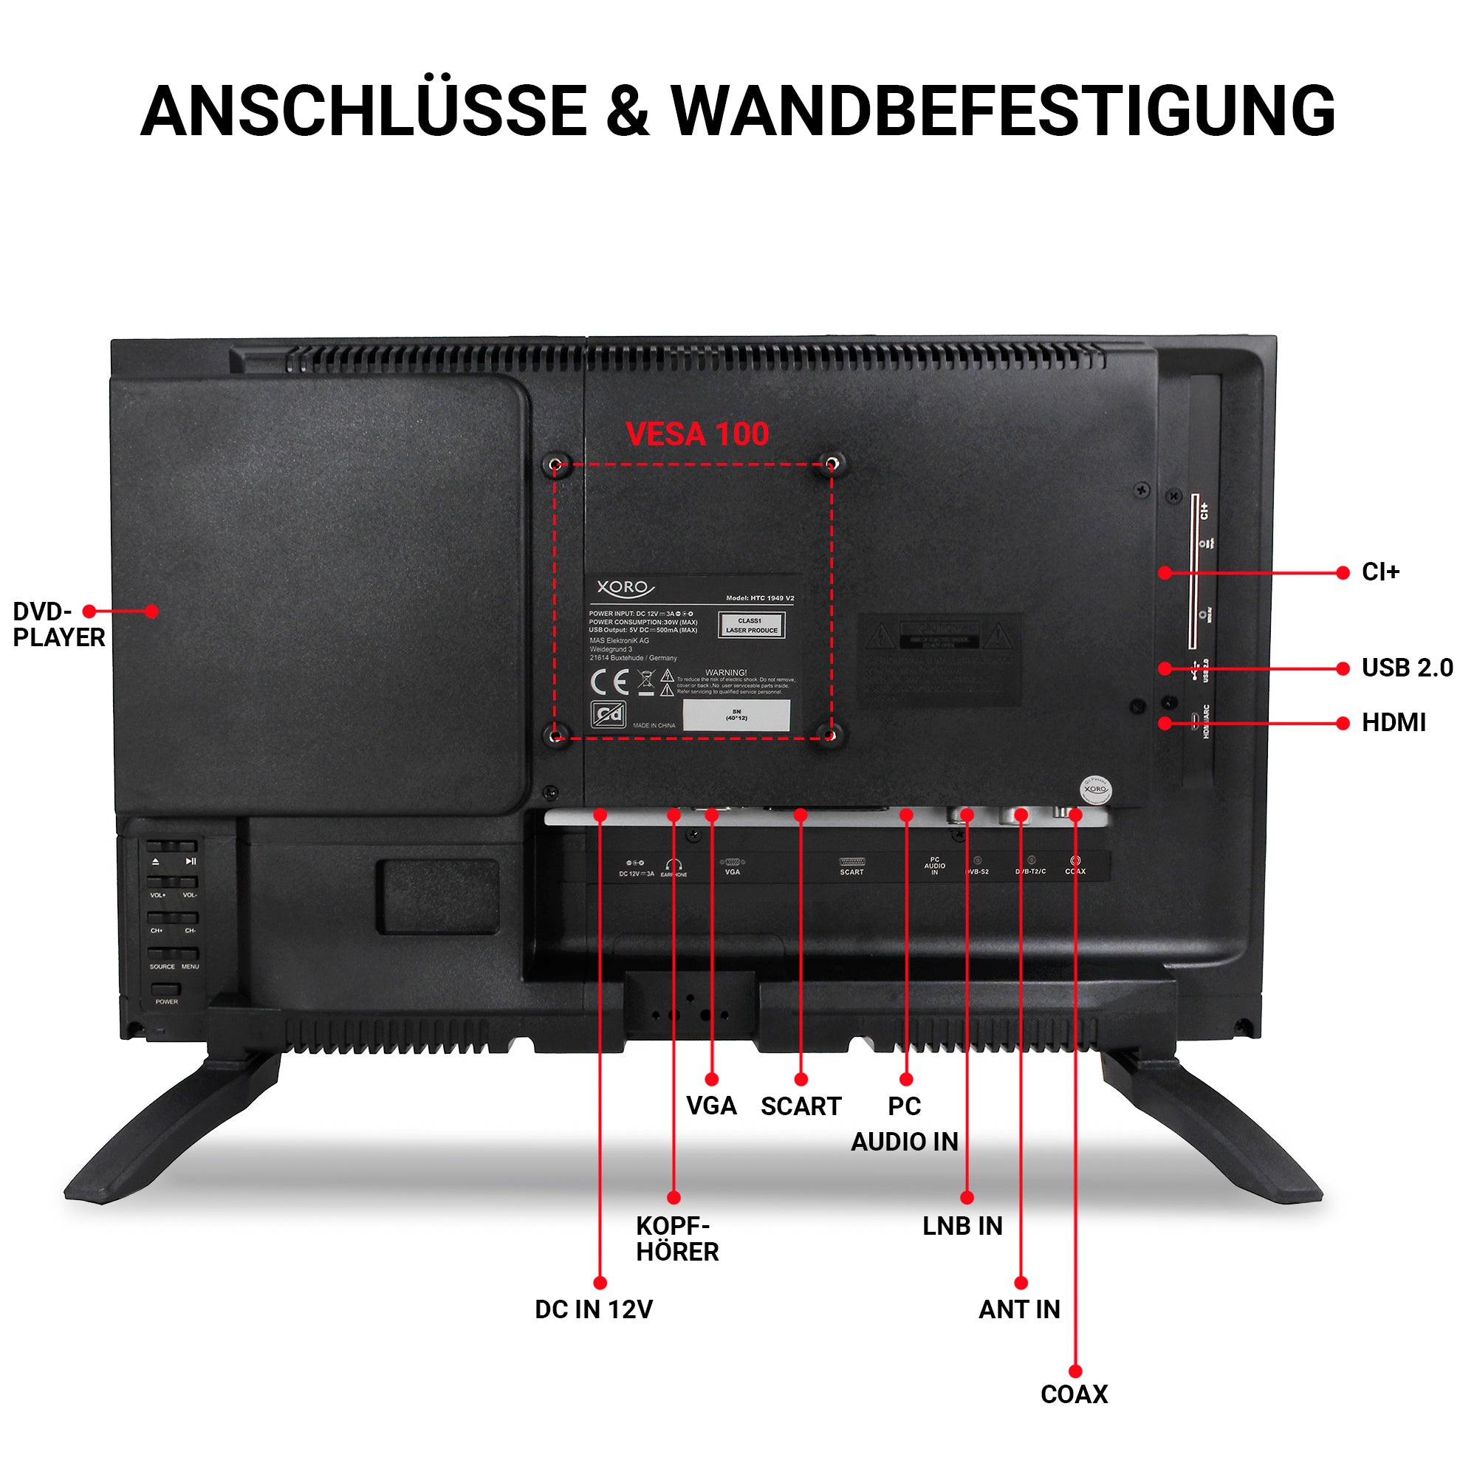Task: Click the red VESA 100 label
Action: [x=696, y=434]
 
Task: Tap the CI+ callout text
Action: [x=1380, y=572]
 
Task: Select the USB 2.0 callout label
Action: [x=1407, y=668]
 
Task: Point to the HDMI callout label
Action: [x=1393, y=722]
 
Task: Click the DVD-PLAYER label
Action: [x=58, y=624]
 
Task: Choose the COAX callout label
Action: [x=1073, y=1394]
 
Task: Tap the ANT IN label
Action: [x=1019, y=1309]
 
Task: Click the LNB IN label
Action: [x=962, y=1226]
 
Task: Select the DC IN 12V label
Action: [x=593, y=1309]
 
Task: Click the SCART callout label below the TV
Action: [x=801, y=1106]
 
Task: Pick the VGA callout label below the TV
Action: [x=711, y=1106]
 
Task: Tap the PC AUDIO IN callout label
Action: [x=905, y=1124]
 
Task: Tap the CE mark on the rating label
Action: [x=609, y=682]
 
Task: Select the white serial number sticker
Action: [x=736, y=716]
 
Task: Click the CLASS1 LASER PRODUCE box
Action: [x=751, y=626]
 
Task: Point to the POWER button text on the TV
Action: [x=166, y=1001]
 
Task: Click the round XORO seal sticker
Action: [x=1094, y=789]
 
